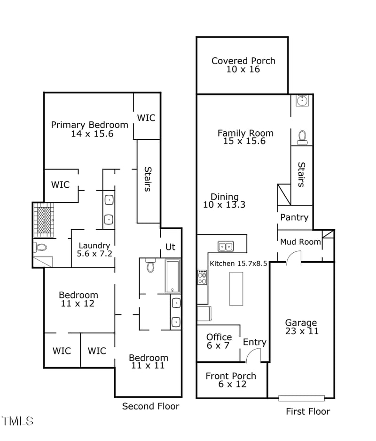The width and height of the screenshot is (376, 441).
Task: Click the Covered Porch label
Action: [x=243, y=65]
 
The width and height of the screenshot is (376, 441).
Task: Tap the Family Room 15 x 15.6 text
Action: [x=245, y=137]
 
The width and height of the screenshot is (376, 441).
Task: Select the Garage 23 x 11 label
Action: [x=301, y=327]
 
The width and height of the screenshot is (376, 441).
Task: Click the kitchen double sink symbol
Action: [x=226, y=246]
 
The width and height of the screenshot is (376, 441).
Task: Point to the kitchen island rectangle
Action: [x=236, y=289]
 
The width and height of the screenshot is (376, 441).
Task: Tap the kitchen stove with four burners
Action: [x=202, y=277]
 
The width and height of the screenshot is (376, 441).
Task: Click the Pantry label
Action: [x=294, y=217]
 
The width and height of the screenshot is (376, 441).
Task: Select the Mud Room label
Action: [x=300, y=242]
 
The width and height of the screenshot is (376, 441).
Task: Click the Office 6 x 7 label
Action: [x=219, y=341]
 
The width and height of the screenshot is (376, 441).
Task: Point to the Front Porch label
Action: [x=231, y=380]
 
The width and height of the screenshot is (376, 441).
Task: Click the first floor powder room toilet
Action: [x=302, y=136]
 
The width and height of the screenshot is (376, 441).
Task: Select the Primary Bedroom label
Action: [x=89, y=129]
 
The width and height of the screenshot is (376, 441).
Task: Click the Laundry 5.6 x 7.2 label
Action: [x=94, y=249]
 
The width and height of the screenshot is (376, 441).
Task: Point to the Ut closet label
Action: [x=170, y=247]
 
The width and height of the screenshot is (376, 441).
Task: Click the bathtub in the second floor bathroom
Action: [x=172, y=276]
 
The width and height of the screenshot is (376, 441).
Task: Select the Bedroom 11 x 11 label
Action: [x=148, y=361]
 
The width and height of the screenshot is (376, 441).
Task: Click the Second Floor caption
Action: [x=150, y=406]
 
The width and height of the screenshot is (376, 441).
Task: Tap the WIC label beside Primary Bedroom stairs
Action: [x=146, y=118]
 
